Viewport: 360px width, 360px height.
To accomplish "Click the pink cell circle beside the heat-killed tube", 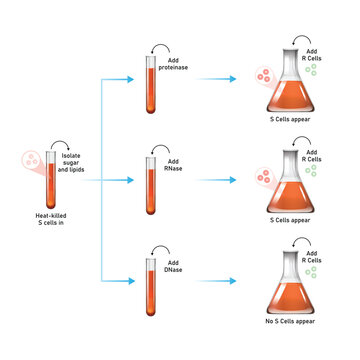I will [x=31, y=160].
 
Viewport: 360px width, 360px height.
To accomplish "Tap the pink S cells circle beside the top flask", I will [x=261, y=75].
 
